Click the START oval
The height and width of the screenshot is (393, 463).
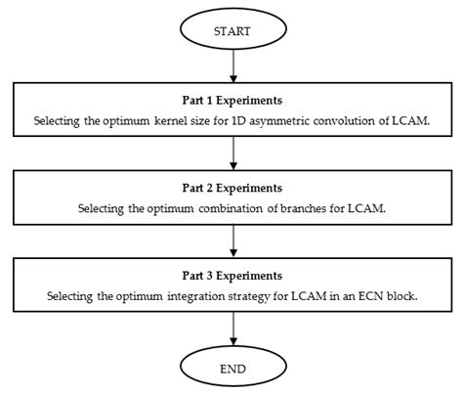231,30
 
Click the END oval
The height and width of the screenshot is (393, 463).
231,369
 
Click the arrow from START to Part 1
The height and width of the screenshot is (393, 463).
231,67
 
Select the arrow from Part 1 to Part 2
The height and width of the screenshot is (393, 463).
231,153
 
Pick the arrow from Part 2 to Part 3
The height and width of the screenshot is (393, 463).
231,240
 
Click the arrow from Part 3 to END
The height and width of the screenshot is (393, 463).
231,327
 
